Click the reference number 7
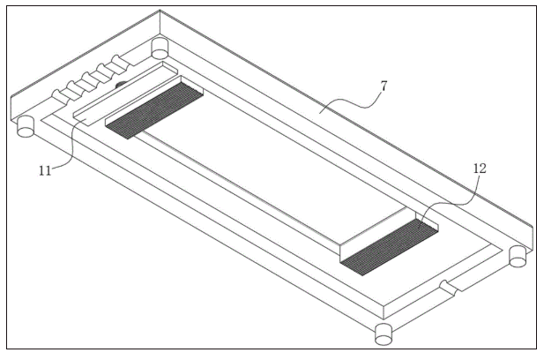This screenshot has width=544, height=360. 384,86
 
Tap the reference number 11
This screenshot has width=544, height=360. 45,171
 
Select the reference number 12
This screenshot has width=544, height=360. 480,169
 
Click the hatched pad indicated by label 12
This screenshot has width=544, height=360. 390,247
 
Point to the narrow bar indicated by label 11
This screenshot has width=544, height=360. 125,94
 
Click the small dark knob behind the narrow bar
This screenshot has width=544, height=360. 121,84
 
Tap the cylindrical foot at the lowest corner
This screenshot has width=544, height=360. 384,334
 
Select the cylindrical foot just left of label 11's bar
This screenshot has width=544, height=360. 26,127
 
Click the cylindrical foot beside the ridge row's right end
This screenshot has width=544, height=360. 160,49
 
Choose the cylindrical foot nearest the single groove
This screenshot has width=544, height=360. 518,257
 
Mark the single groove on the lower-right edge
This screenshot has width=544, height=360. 450,289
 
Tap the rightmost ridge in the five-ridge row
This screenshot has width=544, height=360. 120,62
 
